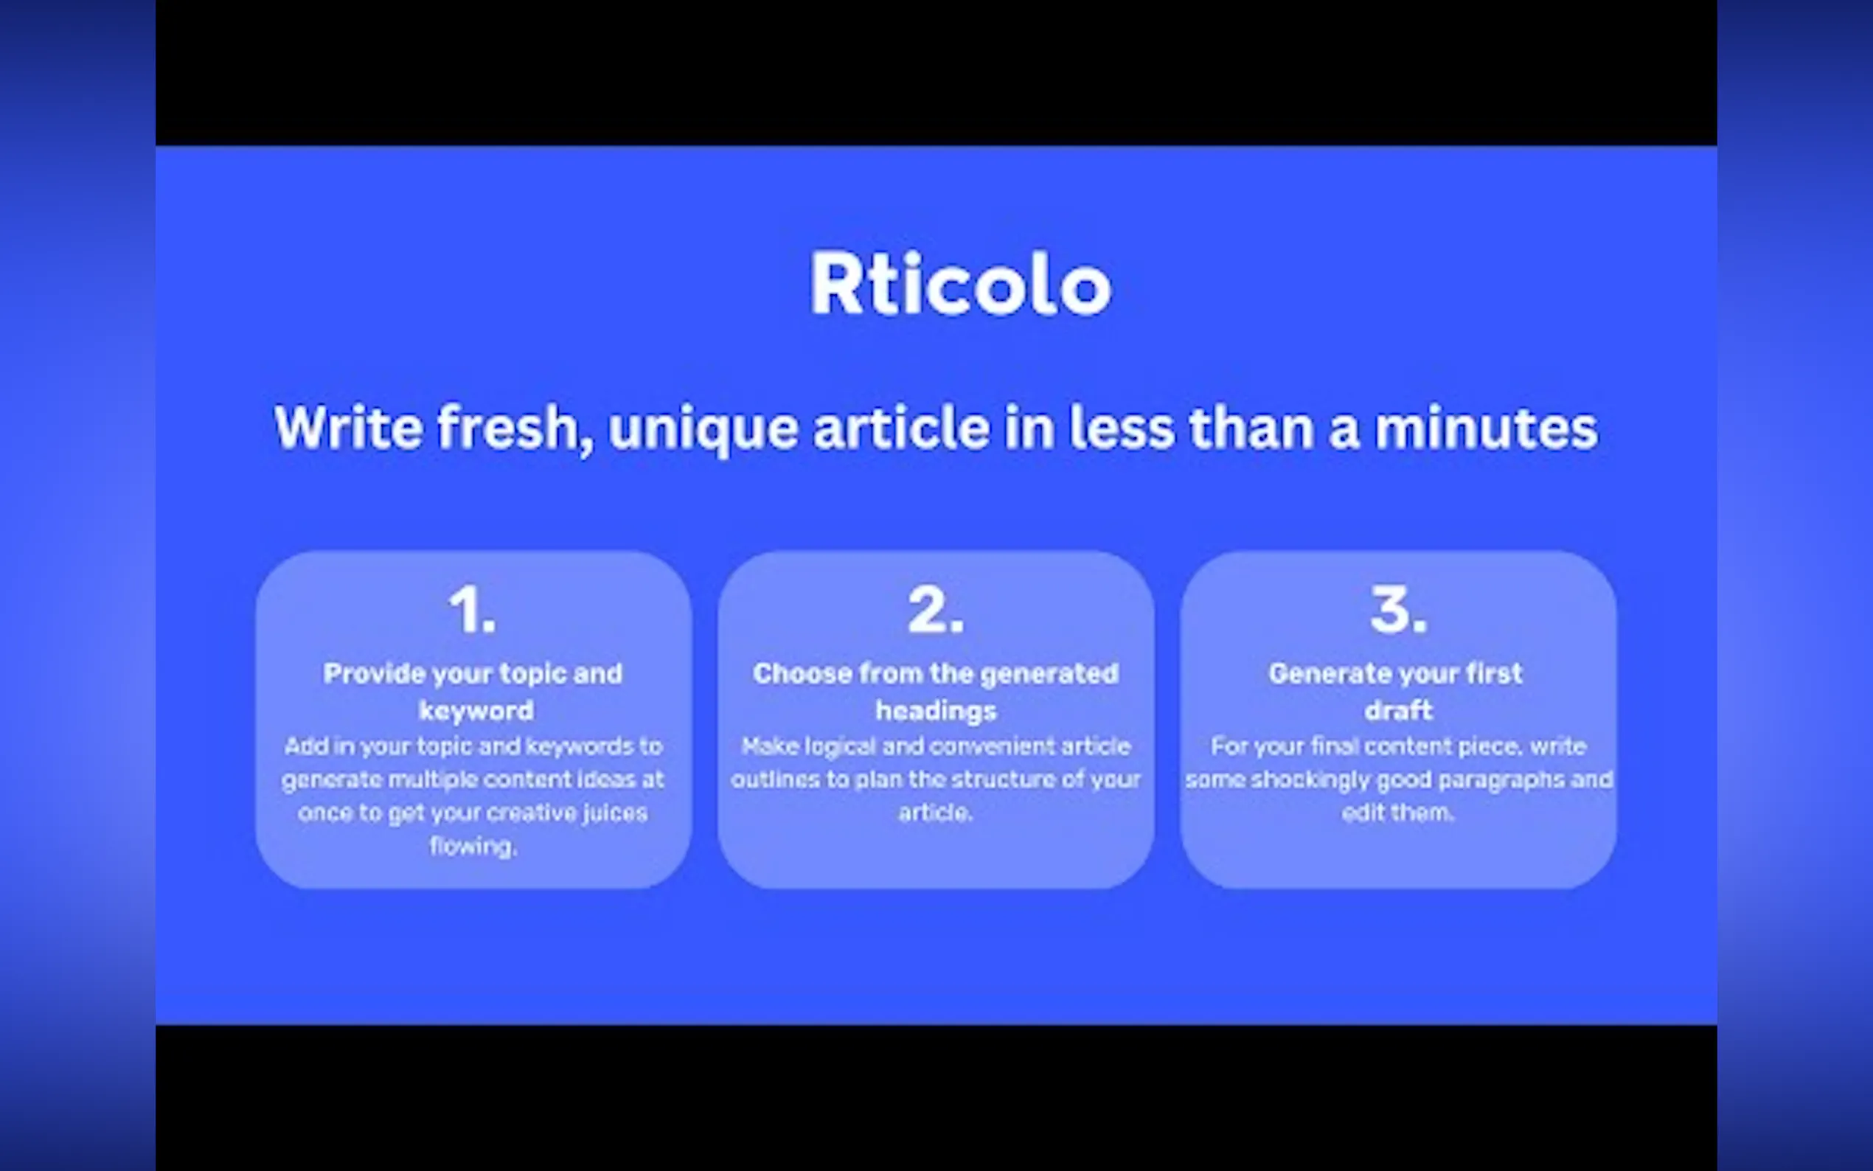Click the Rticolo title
click(960, 284)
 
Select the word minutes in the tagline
click(1487, 428)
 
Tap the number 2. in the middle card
click(935, 611)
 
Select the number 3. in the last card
click(1398, 611)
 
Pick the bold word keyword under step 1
click(476, 710)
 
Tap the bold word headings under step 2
click(936, 711)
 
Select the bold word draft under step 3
click(1398, 710)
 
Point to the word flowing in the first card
click(473, 847)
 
